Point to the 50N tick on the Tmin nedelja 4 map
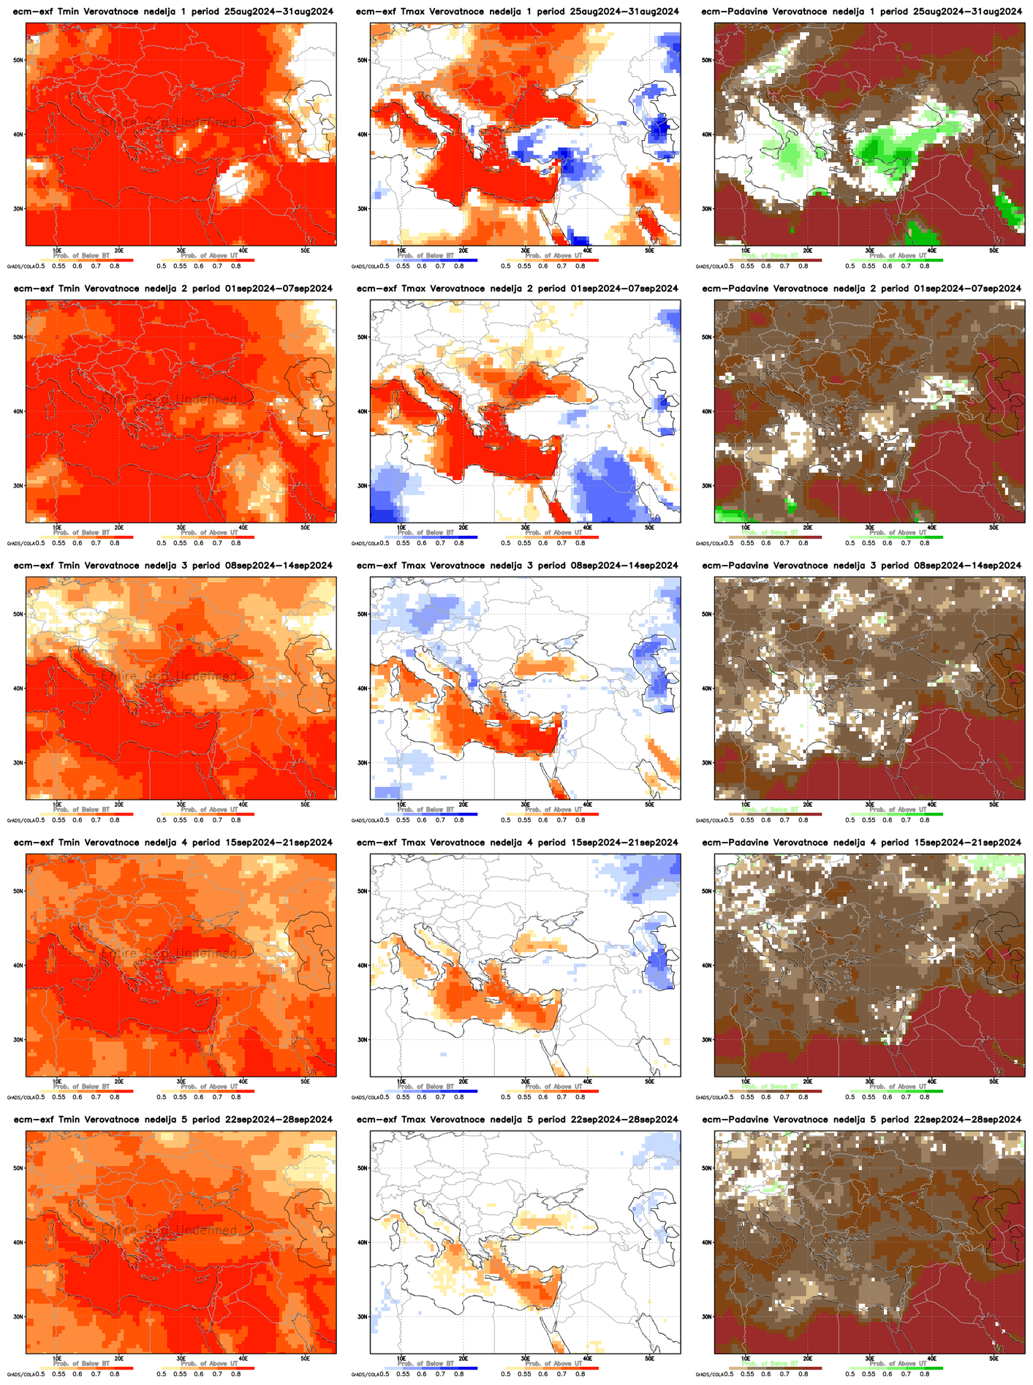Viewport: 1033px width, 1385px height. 20,891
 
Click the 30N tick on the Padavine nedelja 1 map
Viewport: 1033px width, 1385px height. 708,208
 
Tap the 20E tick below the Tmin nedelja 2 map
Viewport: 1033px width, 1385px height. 119,528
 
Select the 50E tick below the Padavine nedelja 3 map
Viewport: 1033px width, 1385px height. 994,805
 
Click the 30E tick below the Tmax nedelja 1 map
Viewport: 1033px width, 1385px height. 526,251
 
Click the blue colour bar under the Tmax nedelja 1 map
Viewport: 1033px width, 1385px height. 430,260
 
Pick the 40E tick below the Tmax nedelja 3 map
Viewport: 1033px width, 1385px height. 588,805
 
